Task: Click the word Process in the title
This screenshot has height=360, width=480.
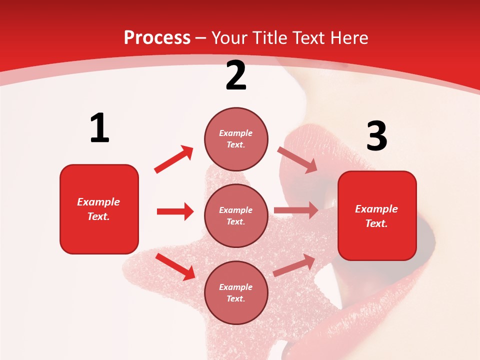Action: tap(157, 37)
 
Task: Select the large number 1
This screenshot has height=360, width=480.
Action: tap(99, 128)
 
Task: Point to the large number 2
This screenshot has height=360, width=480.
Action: tap(236, 75)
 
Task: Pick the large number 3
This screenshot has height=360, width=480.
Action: tap(376, 136)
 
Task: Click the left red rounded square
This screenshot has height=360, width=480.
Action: tap(99, 209)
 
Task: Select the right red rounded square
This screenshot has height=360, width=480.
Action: tap(377, 215)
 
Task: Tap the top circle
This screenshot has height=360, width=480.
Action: tap(236, 138)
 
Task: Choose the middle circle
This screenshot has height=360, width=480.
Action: tap(236, 215)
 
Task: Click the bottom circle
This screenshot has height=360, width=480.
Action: tap(236, 292)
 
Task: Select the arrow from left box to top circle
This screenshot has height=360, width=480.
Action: tap(173, 159)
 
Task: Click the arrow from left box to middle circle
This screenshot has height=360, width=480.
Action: tap(175, 211)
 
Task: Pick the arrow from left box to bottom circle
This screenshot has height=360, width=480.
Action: tap(175, 266)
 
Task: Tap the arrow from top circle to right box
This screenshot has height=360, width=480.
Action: tap(297, 160)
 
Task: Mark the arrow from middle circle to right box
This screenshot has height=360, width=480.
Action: tap(296, 210)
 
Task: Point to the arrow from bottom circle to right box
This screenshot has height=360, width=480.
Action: tap(294, 265)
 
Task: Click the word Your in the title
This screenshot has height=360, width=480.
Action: tap(230, 37)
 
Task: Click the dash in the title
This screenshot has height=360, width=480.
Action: tap(200, 38)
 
